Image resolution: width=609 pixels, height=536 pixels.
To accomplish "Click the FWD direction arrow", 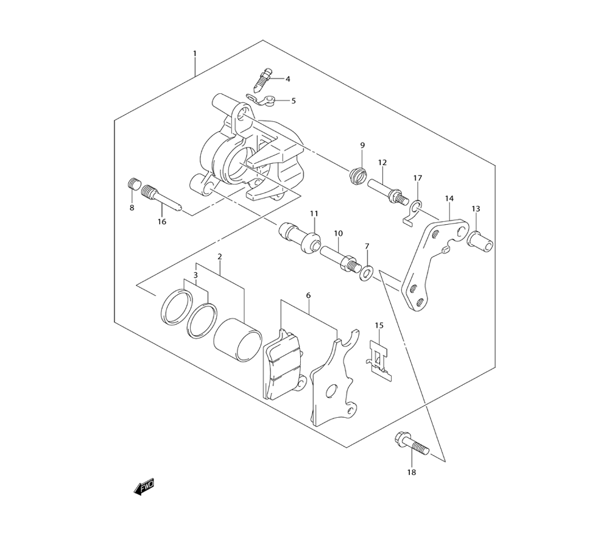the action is [x=144, y=487].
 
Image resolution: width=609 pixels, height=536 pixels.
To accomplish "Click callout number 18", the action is [x=411, y=472].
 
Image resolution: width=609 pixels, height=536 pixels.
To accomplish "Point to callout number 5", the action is [x=294, y=100].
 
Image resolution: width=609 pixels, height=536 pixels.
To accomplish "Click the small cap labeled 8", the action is [x=134, y=183].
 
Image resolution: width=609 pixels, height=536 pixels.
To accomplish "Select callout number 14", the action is [x=449, y=199].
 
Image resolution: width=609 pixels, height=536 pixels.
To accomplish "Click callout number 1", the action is [x=195, y=53].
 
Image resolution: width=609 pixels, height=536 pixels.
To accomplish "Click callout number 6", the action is [x=308, y=295].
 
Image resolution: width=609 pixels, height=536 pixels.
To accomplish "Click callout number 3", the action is [x=195, y=275].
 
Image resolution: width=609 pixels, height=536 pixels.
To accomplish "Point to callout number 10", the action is [x=338, y=233].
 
